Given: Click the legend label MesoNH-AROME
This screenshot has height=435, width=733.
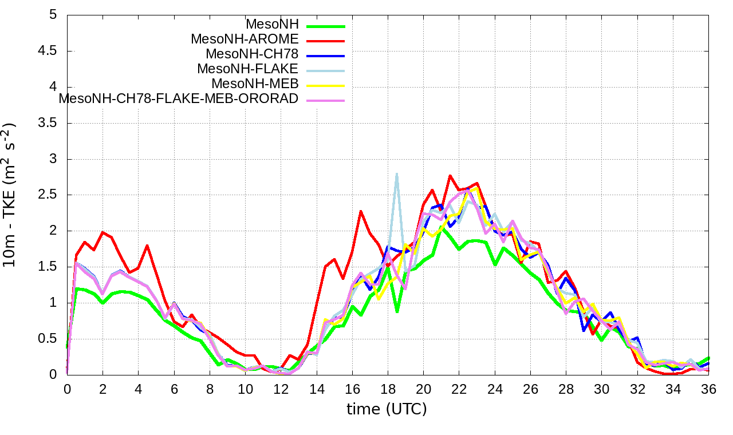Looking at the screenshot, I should click(245, 39).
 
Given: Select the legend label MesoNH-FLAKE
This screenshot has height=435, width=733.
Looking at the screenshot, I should click(247, 69).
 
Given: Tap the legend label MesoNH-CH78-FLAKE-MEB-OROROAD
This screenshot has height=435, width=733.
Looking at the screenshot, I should click(179, 98).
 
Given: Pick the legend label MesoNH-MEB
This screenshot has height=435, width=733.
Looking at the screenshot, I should click(255, 84).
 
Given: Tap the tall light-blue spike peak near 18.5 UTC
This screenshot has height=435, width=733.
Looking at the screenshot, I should click(396, 173).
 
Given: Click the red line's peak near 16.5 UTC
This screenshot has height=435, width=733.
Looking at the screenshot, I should click(361, 211).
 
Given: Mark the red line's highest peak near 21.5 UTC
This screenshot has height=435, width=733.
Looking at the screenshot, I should click(450, 176).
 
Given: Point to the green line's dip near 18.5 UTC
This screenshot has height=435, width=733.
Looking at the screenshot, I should click(397, 312).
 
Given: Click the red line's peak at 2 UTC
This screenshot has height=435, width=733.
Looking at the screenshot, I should click(103, 232).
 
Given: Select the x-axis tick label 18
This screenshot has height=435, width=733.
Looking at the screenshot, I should click(388, 389).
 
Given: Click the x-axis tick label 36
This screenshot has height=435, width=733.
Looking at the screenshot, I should click(708, 389).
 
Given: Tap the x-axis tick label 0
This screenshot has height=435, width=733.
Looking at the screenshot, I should click(68, 389).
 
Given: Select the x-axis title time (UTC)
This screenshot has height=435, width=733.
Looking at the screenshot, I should click(387, 409).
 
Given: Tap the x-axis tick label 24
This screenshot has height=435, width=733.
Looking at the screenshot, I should click(494, 389).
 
